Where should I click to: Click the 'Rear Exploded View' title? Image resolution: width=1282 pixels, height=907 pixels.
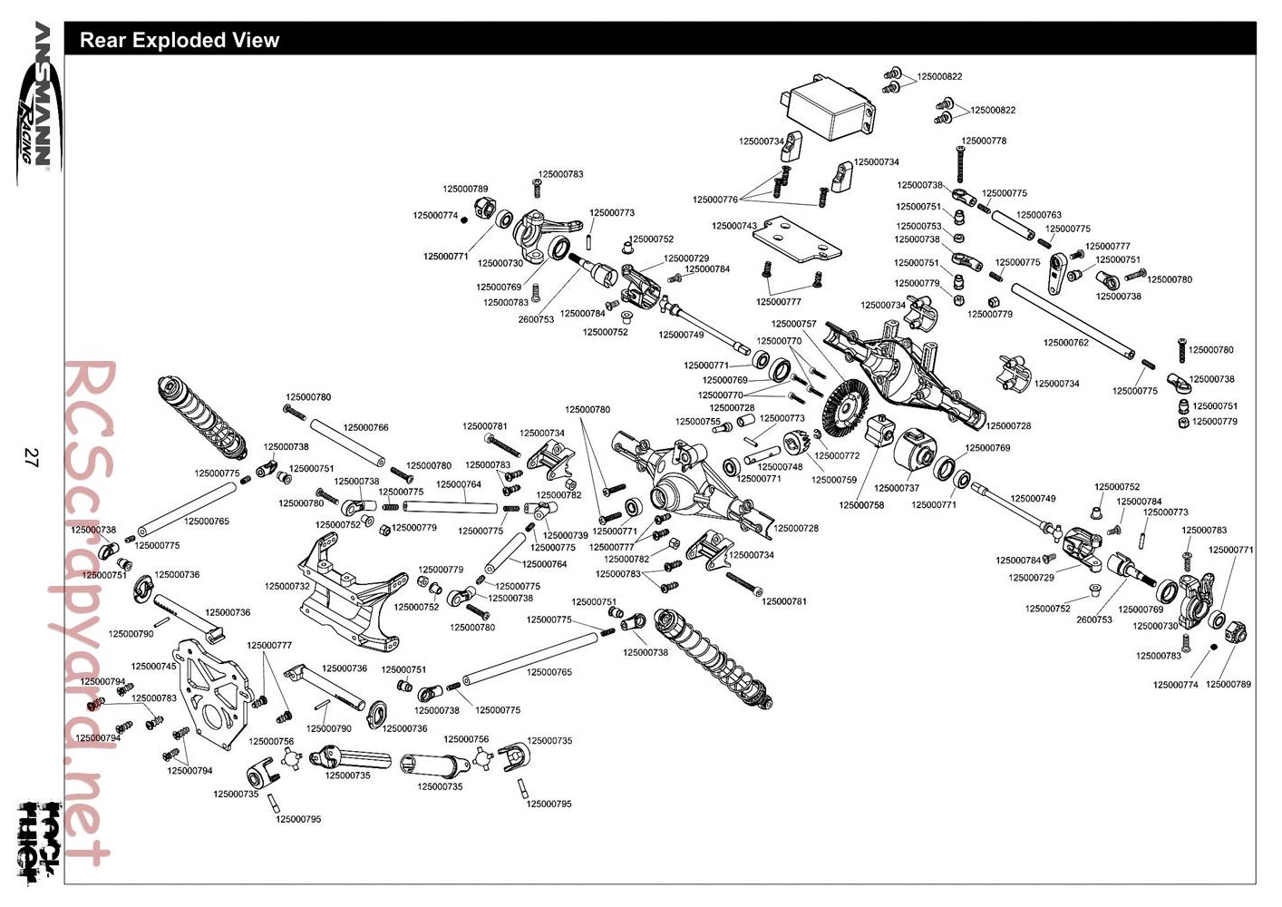pyautogui.click(x=180, y=40)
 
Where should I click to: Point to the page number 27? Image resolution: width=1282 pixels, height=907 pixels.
pyautogui.click(x=30, y=458)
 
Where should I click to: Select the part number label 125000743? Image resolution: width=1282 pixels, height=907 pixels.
pyautogui.click(x=734, y=226)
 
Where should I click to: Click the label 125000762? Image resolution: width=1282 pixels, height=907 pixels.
pyautogui.click(x=1066, y=343)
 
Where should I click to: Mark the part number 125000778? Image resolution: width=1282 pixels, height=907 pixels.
pyautogui.click(x=984, y=141)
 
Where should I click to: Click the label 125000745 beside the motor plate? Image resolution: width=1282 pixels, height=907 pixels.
pyautogui.click(x=154, y=667)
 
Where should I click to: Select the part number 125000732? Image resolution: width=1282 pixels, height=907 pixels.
pyautogui.click(x=287, y=586)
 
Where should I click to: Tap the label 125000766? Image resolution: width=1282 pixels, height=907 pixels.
pyautogui.click(x=365, y=428)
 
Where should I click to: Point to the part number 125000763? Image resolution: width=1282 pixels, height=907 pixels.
pyautogui.click(x=1039, y=215)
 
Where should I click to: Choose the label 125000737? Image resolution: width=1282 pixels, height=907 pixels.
pyautogui.click(x=897, y=489)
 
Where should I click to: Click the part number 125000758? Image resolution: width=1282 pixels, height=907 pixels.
pyautogui.click(x=861, y=505)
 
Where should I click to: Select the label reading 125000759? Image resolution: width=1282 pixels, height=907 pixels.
pyautogui.click(x=834, y=480)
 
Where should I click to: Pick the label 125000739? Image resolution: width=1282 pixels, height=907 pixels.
pyautogui.click(x=566, y=535)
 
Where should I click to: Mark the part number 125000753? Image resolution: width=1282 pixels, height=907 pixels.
pyautogui.click(x=918, y=226)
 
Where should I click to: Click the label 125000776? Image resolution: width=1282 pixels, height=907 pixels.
pyautogui.click(x=715, y=200)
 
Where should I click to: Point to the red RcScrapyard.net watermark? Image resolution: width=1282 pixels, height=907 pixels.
pyautogui.click(x=86, y=613)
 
